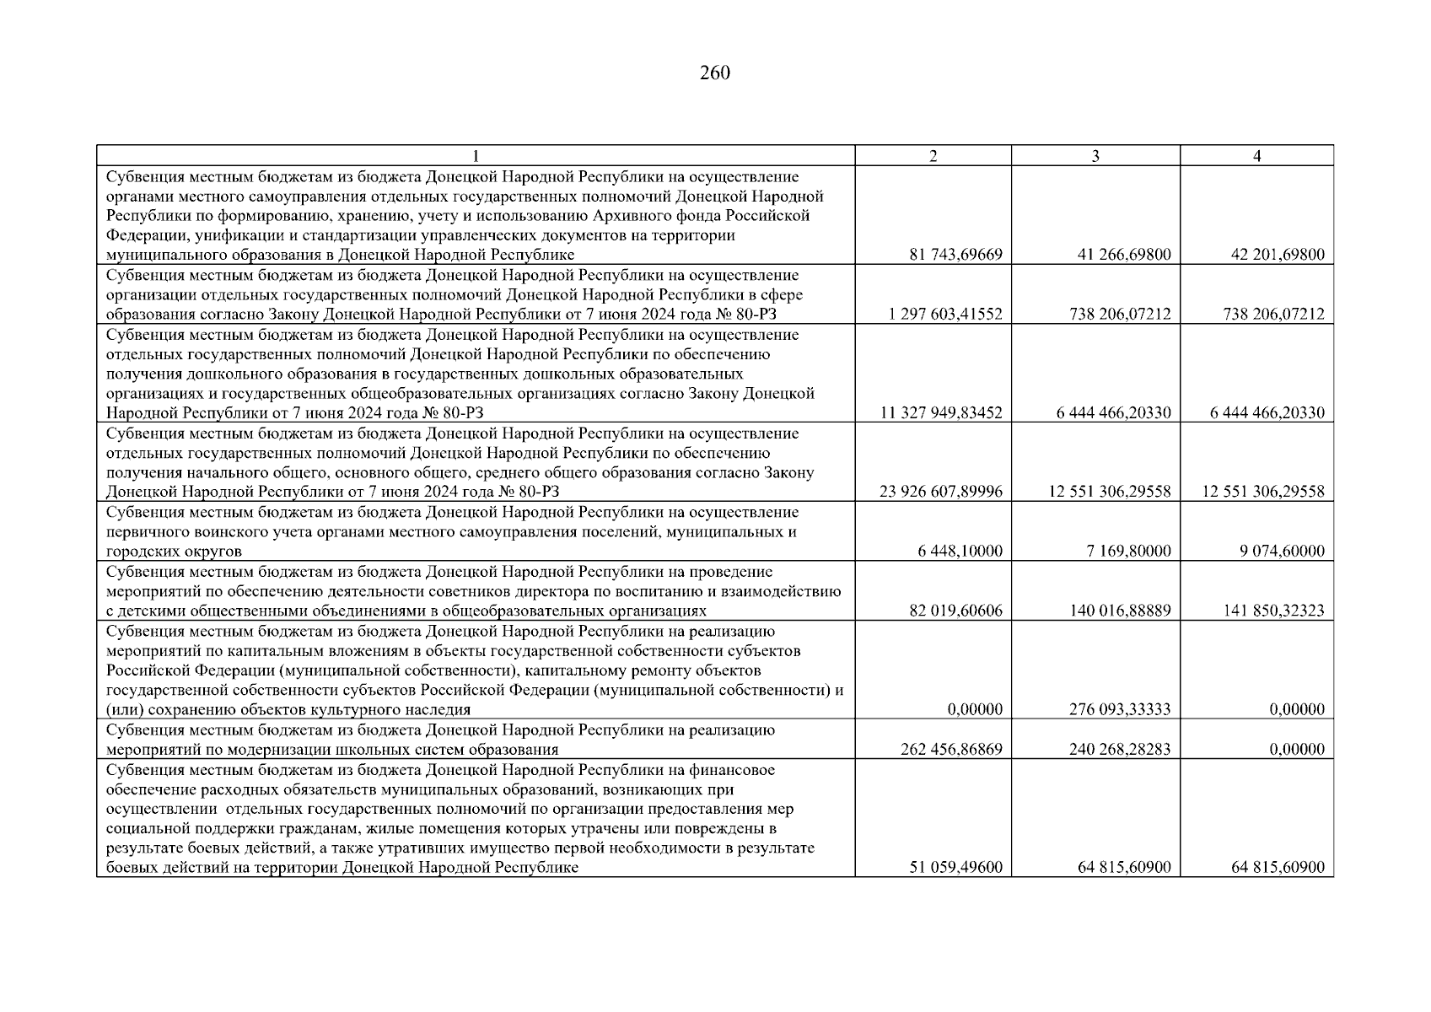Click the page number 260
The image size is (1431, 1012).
[714, 73]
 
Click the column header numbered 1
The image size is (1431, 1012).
[476, 155]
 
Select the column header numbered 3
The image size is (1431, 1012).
[1095, 155]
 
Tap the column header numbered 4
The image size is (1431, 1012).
[1256, 155]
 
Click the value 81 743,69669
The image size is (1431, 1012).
[955, 255]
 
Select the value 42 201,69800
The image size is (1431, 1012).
[1278, 255]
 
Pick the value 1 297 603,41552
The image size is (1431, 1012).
[945, 315]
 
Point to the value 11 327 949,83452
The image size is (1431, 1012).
[941, 413]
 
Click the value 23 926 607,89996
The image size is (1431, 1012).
[940, 492]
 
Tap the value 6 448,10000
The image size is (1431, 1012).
[960, 552]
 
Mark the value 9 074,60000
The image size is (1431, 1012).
[1282, 552]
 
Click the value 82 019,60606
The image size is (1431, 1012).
[955, 611]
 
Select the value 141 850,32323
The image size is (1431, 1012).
[1273, 611]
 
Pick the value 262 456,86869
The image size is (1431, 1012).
[951, 750]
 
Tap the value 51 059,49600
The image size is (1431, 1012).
[955, 868]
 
